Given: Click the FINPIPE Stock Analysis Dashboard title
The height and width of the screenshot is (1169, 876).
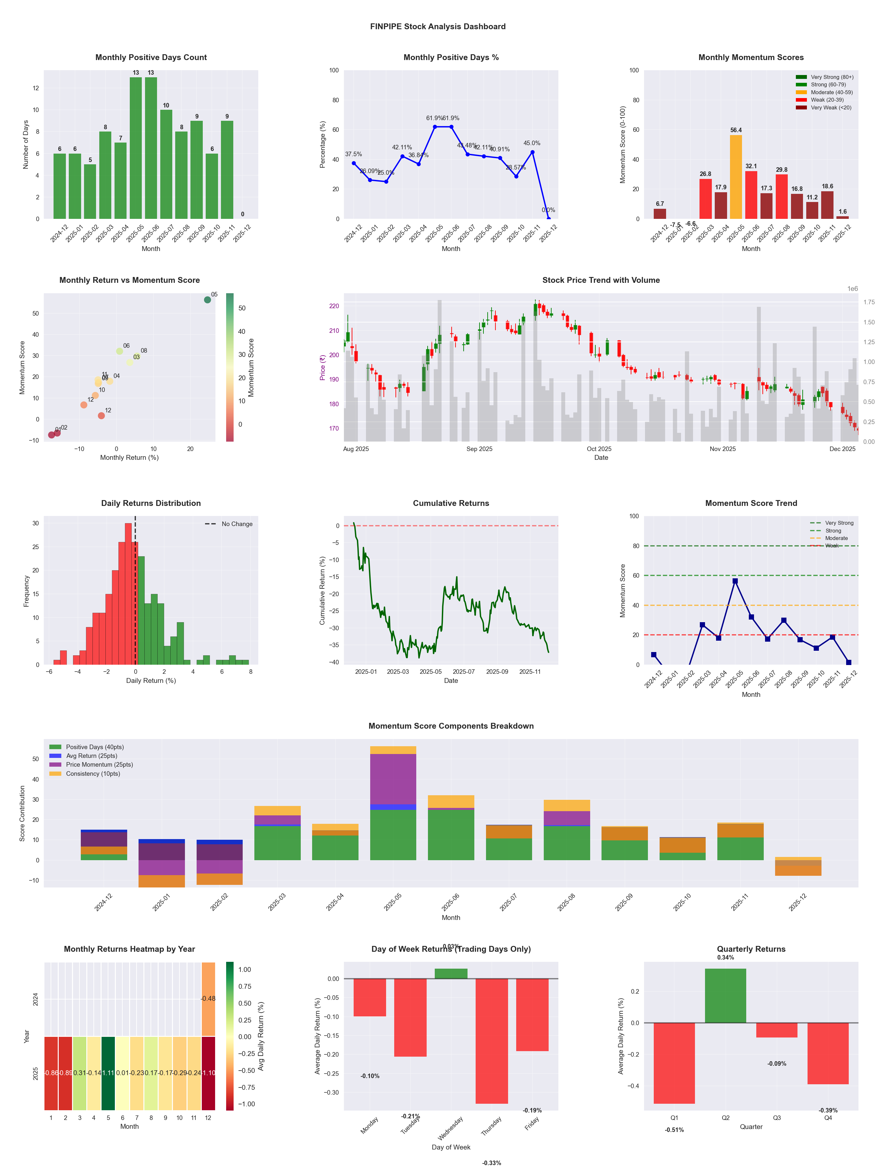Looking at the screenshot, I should [x=438, y=26].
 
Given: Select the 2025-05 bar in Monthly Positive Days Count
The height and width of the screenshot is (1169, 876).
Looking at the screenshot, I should [x=136, y=148].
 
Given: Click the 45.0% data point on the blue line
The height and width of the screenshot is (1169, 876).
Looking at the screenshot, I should [x=532, y=152].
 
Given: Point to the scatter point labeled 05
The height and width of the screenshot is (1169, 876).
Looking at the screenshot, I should [x=208, y=300].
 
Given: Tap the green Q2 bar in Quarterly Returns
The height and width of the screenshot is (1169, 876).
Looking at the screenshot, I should [x=725, y=996].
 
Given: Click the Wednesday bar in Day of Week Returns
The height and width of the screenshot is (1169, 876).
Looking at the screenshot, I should [x=451, y=974].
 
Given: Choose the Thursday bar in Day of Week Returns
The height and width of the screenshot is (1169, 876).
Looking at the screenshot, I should [x=492, y=1041].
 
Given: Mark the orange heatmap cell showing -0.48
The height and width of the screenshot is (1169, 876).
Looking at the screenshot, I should [x=208, y=999].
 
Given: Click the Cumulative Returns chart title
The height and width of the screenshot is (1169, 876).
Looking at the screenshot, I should [x=451, y=503].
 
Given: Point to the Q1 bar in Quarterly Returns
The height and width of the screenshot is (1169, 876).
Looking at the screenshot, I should [x=674, y=1063].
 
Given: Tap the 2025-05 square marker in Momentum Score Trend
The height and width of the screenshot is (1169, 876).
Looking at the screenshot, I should [x=735, y=581].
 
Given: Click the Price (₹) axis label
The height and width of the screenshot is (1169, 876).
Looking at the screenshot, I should [x=322, y=367].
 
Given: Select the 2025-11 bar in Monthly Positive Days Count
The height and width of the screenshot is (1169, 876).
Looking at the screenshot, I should [x=227, y=170].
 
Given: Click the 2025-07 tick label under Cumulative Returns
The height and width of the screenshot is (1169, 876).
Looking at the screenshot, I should [x=464, y=672].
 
